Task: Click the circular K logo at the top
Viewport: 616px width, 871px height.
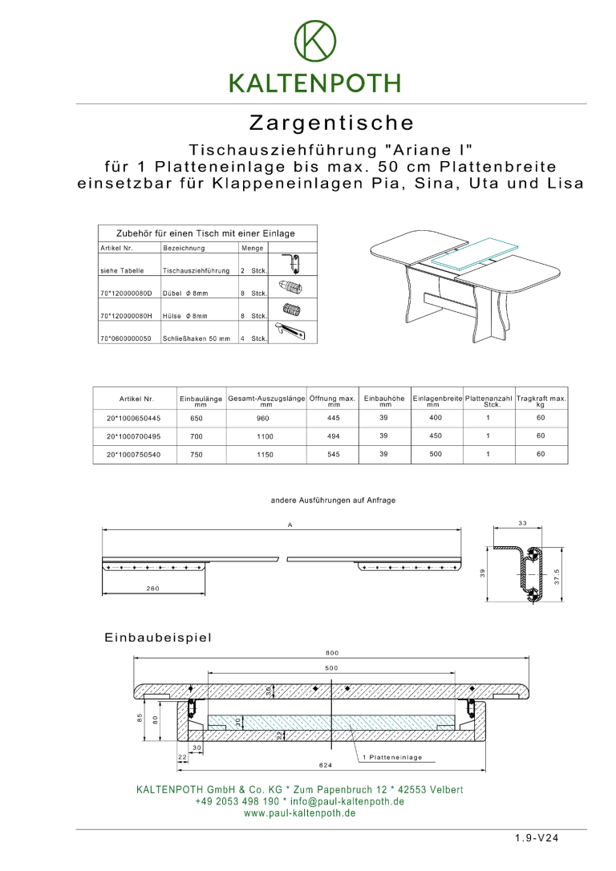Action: (314, 42)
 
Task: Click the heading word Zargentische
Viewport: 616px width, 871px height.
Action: (331, 124)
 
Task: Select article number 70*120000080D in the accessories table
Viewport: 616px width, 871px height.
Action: (126, 294)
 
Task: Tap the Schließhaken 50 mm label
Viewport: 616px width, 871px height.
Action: (197, 338)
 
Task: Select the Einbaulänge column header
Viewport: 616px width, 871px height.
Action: (201, 399)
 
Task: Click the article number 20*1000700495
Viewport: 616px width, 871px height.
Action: (133, 436)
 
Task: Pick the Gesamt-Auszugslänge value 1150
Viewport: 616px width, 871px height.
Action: (265, 455)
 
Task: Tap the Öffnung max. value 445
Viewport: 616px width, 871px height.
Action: (334, 418)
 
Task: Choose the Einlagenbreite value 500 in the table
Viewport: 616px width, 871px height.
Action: (435, 455)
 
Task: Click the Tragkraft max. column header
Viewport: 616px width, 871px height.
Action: (541, 399)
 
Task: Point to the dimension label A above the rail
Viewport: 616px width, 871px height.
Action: (290, 525)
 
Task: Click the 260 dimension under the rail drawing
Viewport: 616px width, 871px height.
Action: (152, 588)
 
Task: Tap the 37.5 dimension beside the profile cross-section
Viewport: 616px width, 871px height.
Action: (557, 576)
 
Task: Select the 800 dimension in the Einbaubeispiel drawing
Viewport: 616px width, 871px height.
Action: (332, 652)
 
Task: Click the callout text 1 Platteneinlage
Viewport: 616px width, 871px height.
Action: (392, 757)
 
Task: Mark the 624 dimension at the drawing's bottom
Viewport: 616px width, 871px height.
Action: (325, 765)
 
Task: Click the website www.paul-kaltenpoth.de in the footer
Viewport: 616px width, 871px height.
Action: (300, 813)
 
